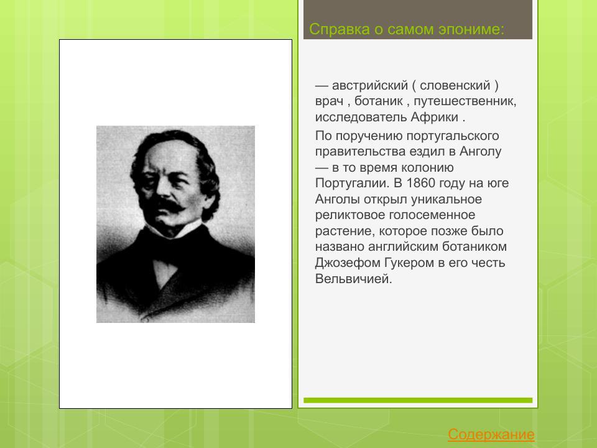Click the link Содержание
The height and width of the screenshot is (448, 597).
point(491,434)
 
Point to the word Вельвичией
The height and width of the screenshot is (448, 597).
point(354,279)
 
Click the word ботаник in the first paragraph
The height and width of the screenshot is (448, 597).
point(377,101)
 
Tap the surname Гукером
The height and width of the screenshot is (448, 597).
point(409,263)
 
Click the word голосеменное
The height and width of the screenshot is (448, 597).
point(435,215)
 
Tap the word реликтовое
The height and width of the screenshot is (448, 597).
point(351,215)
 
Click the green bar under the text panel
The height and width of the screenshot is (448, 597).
point(418,400)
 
